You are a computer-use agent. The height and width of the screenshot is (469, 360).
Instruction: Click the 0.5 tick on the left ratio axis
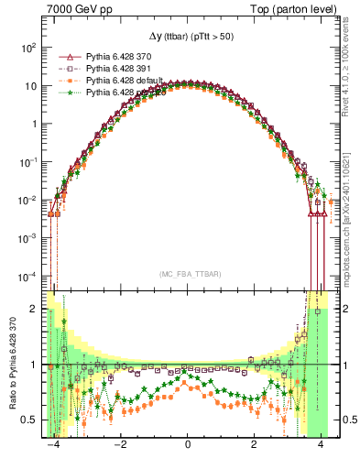pos(27,420)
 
